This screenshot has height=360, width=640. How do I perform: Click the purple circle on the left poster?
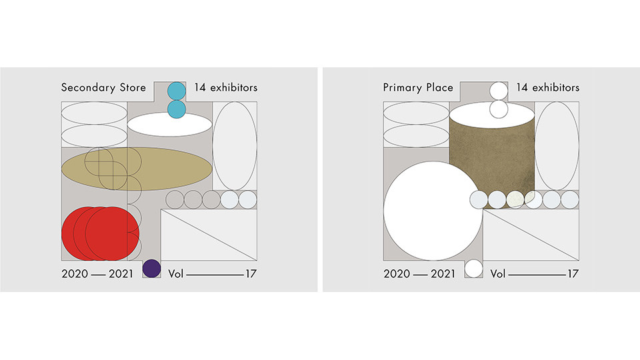tap(152, 269)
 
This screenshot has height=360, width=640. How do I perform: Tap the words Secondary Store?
tap(103, 88)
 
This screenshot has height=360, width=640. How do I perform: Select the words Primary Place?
tap(418, 88)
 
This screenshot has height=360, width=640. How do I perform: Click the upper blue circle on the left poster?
tap(177, 91)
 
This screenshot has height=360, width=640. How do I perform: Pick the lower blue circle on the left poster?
tap(177, 109)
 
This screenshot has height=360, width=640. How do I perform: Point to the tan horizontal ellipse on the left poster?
tap(137, 169)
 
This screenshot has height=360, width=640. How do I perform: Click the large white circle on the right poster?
tap(433, 211)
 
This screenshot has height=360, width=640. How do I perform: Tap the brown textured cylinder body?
tap(492, 159)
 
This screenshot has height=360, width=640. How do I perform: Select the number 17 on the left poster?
tap(251, 273)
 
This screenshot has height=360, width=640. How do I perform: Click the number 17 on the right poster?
tap(573, 273)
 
